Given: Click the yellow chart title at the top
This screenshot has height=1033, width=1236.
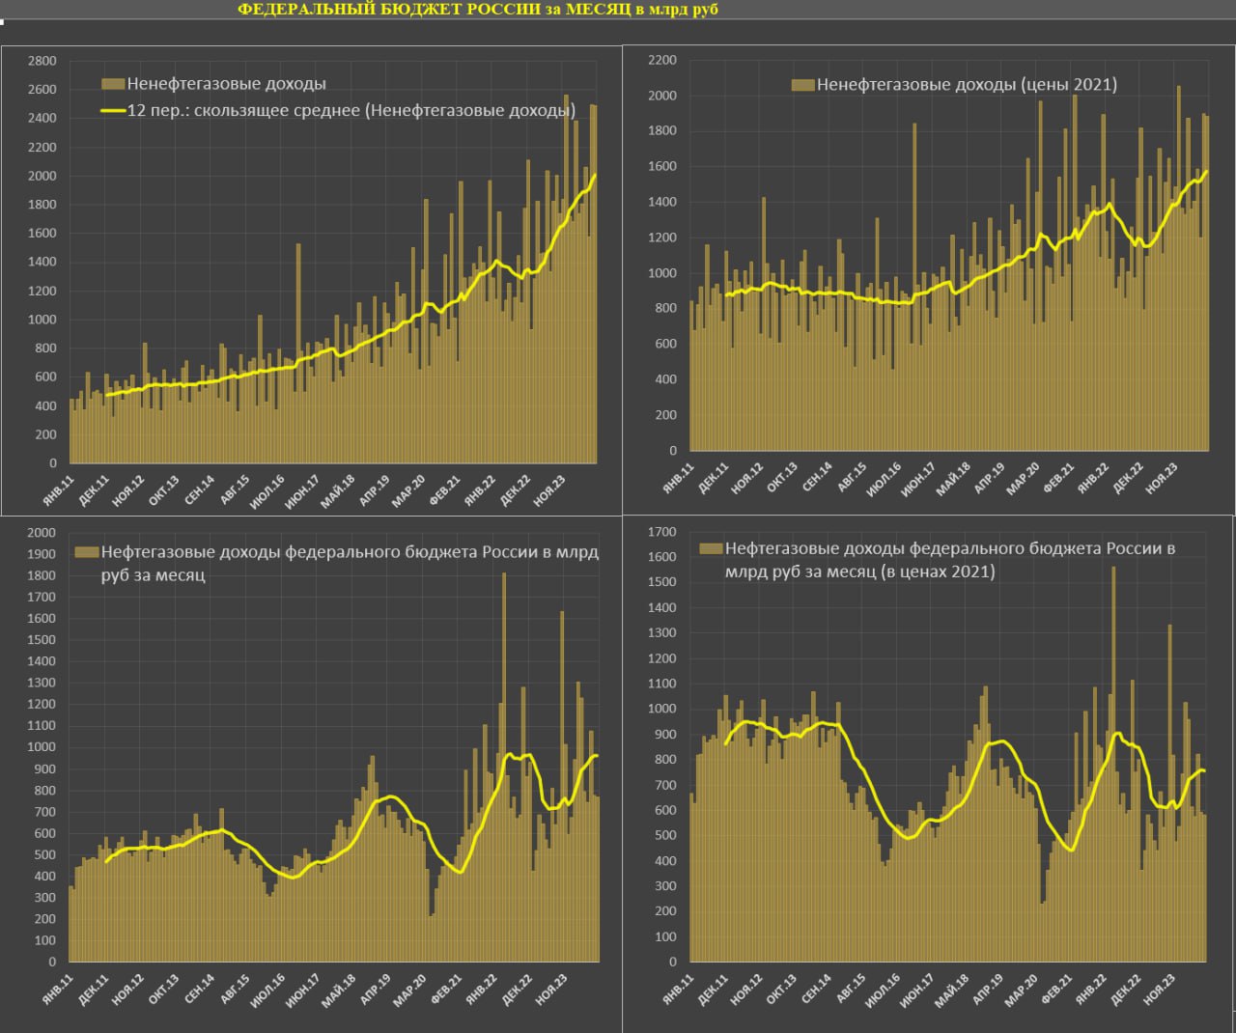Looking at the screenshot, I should click(x=477, y=10).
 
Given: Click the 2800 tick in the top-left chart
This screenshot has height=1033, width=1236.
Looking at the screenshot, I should click(x=42, y=61).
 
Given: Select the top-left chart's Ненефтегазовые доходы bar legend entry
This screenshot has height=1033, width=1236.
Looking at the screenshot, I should click(x=226, y=84).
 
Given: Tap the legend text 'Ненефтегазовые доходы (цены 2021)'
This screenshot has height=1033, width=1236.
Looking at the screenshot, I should click(x=967, y=85).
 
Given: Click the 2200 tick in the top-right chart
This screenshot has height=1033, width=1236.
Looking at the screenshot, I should click(x=661, y=60).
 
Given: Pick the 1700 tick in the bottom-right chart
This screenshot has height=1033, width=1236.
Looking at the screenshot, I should click(x=661, y=532).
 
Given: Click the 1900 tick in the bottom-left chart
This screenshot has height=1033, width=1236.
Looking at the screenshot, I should click(x=42, y=554).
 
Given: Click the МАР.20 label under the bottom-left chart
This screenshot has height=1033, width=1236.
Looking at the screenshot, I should click(x=409, y=991).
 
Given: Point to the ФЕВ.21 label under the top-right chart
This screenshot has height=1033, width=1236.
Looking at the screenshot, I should click(x=1058, y=481).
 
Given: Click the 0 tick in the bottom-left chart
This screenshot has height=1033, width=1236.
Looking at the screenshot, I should click(x=52, y=962).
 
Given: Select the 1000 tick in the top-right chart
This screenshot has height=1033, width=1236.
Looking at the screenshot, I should click(x=661, y=273).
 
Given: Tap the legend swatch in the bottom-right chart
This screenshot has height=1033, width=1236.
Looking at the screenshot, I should click(x=712, y=548).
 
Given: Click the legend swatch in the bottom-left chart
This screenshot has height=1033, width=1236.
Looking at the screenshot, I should click(x=88, y=553).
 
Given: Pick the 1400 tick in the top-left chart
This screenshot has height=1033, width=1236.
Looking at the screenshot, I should click(x=42, y=262).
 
